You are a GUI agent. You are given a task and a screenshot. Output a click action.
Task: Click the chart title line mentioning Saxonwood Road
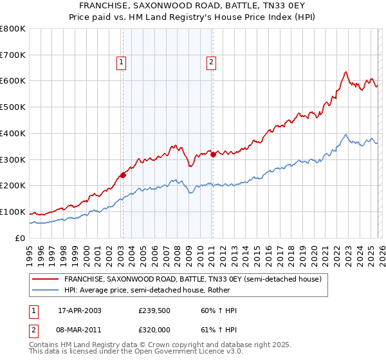click(193, 6)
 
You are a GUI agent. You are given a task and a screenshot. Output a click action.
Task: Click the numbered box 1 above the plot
click(121, 62)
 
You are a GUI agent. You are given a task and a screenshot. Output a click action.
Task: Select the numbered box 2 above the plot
click(211, 62)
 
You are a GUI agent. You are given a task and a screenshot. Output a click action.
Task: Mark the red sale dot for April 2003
click(123, 175)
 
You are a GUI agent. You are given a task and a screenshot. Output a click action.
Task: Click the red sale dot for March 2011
click(213, 154)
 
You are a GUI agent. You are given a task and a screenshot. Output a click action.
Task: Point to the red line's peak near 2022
click(346, 71)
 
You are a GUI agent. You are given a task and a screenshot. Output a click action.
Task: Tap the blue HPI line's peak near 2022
click(346, 134)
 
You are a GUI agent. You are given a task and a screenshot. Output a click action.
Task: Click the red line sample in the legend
click(46, 279)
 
